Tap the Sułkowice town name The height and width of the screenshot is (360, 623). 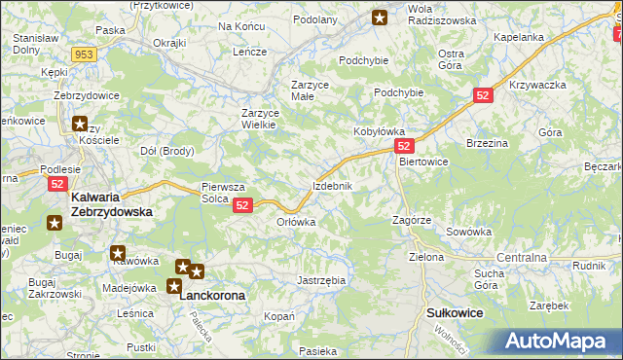coord(456,312)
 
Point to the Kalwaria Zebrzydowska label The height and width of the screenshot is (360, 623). coord(113,204)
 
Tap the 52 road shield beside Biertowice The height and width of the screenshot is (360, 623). coord(406,144)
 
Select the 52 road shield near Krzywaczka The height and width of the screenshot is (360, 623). coord(484,94)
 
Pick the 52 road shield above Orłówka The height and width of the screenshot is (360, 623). coord(242,204)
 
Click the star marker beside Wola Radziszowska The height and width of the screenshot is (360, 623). coord(380,17)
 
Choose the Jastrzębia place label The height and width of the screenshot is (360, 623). coord(320,280)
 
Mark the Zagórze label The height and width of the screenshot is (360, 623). coord(412,221)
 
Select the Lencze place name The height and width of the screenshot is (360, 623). coord(249,52)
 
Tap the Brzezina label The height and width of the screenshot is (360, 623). coord(489,142)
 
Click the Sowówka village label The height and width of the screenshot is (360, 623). coord(468,233)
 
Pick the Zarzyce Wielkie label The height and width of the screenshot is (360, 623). coord(260,120)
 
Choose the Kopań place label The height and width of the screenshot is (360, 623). coord(279,317)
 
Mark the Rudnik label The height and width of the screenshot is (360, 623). coord(590,265)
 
